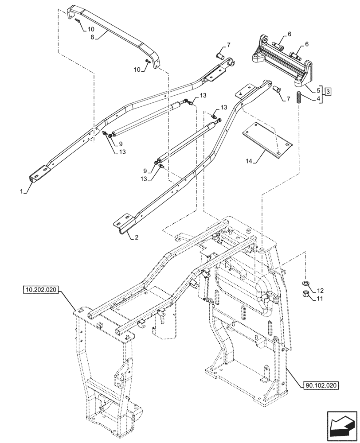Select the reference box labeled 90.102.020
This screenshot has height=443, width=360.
[322, 385]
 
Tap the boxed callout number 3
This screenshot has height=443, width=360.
[328, 92]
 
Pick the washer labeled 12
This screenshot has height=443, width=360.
[305, 283]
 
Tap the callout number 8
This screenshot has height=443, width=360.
[93, 38]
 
